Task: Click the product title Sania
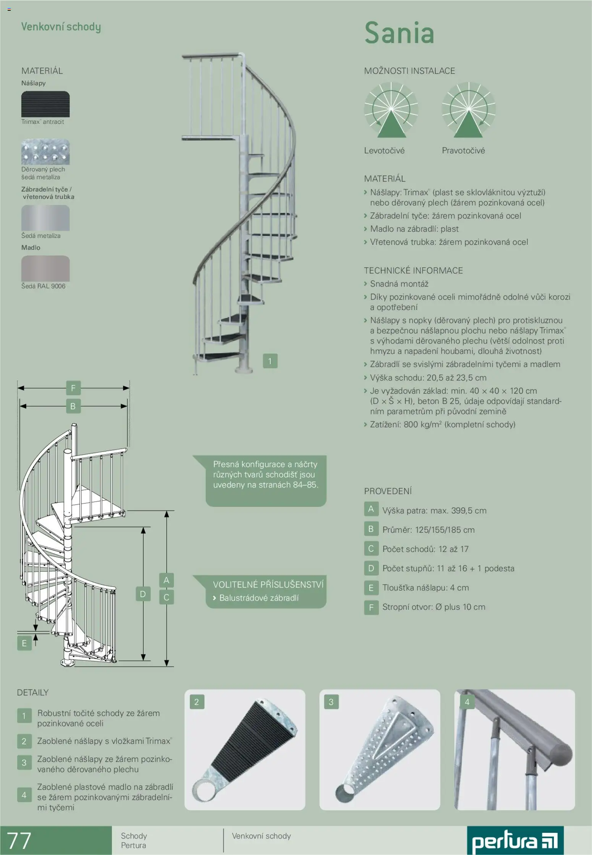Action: pos(399,32)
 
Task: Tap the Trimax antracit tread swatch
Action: pos(45,104)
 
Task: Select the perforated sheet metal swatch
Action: pos(45,152)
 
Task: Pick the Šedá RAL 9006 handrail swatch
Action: pos(45,269)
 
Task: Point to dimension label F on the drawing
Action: pos(73,388)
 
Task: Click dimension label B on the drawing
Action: pos(73,406)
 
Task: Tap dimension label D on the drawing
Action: pos(143,594)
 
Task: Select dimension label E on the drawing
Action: pos(24,643)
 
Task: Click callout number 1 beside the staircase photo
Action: pos(270,361)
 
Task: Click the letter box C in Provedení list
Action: pos(371,549)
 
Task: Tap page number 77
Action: pos(19,841)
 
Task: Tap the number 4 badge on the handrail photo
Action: pos(467,702)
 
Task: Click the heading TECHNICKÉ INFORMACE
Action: pos(413,270)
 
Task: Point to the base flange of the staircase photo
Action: pos(244,370)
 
